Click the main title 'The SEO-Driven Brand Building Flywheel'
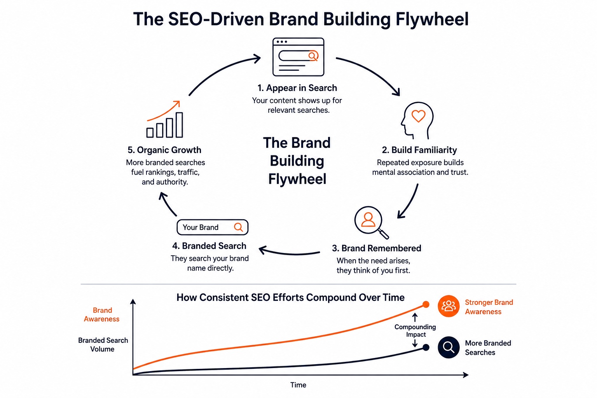[x=301, y=19]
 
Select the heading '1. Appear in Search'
[x=297, y=88]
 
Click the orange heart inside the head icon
[x=419, y=116]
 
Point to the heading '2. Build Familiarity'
[x=419, y=150]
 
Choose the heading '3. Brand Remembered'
[x=376, y=248]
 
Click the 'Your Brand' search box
[x=212, y=227]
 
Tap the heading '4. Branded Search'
[x=209, y=246]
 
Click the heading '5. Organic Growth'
[x=164, y=150]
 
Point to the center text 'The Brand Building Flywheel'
[x=297, y=161]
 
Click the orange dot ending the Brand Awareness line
[x=426, y=304]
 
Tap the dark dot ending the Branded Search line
[x=426, y=347]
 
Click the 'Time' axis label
[x=298, y=385]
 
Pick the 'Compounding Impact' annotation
[x=415, y=331]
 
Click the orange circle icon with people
[x=449, y=306]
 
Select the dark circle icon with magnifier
[x=449, y=347]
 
